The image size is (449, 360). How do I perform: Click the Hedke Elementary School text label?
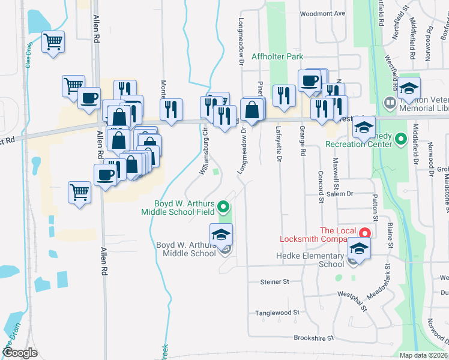310,260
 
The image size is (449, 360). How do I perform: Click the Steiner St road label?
274,281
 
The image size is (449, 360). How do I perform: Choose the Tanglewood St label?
277,313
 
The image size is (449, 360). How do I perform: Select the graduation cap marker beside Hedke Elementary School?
358,248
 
